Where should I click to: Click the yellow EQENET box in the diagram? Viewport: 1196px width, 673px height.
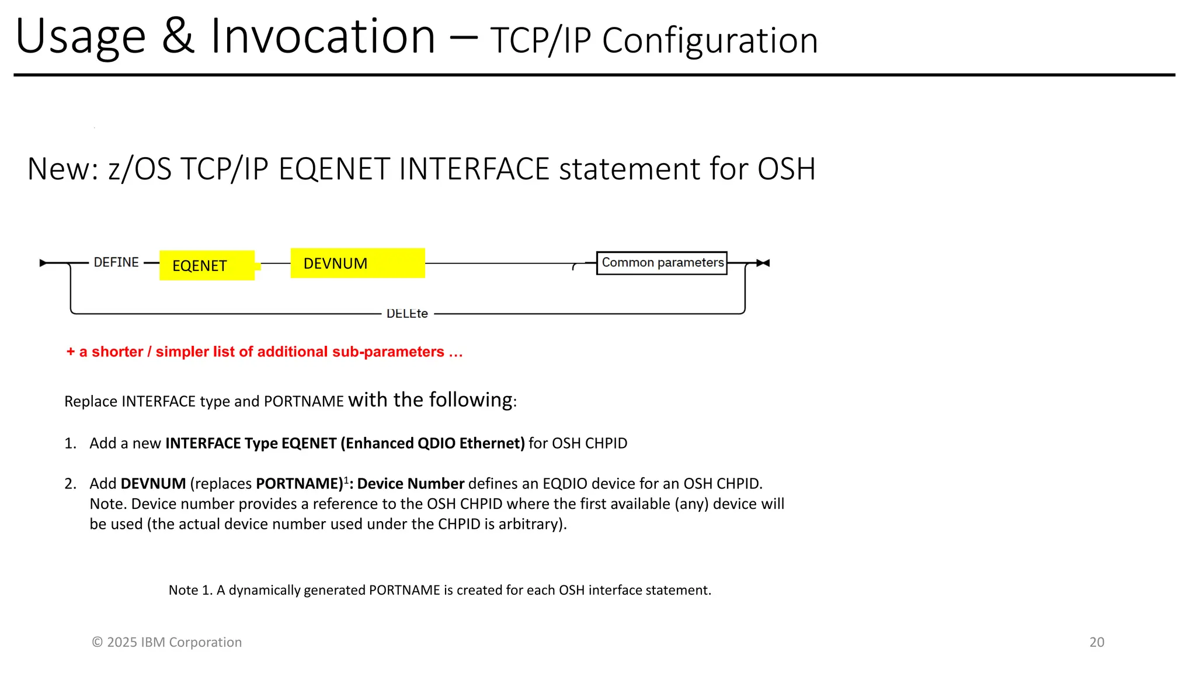pos(207,265)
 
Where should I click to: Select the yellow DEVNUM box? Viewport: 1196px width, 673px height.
pos(357,263)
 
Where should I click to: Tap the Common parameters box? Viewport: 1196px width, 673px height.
pos(662,263)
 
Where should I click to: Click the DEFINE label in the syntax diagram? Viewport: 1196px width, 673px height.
pos(116,262)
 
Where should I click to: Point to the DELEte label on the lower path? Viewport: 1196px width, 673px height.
pos(407,314)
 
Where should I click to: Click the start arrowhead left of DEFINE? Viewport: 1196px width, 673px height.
pos(43,263)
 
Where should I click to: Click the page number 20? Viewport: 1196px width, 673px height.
pos(1097,642)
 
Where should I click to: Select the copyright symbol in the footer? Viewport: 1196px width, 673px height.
pos(97,642)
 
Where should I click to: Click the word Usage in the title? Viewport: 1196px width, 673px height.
pos(81,37)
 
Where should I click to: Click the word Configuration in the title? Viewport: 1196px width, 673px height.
pos(710,41)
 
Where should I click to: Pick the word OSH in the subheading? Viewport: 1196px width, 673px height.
pos(786,169)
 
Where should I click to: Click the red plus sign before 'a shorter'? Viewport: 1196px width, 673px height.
pos(71,352)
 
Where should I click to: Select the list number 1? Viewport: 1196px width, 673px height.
pos(70,443)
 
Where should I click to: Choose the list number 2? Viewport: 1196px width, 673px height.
pos(70,484)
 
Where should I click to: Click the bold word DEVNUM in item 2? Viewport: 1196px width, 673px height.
pos(153,484)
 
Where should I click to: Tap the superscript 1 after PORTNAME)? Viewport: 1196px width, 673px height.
pos(346,480)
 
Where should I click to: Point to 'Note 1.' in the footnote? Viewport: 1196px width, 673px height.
pos(190,590)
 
